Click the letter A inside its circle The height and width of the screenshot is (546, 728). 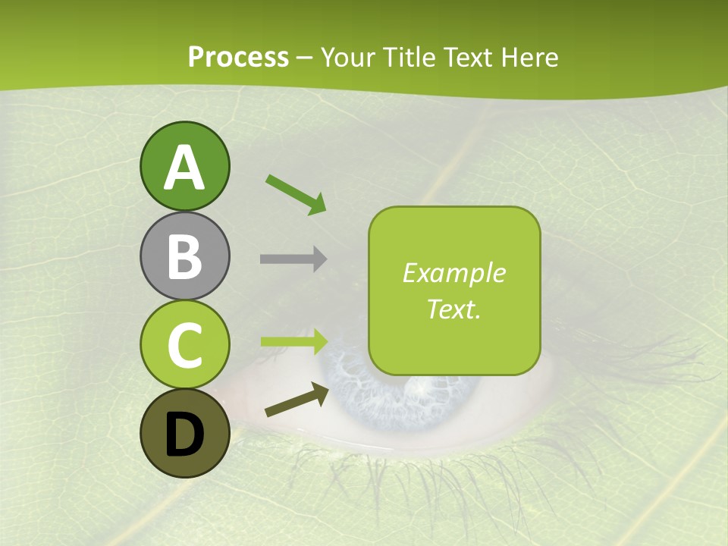pyautogui.click(x=185, y=168)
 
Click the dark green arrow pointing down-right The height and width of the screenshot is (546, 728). pyautogui.click(x=296, y=194)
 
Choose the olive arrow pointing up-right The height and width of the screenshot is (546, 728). pyautogui.click(x=297, y=400)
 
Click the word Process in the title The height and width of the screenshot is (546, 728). pyautogui.click(x=238, y=57)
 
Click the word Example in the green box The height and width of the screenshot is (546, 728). pyautogui.click(x=453, y=273)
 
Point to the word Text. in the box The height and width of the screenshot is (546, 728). pyautogui.click(x=453, y=309)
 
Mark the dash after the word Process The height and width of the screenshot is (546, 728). pyautogui.click(x=305, y=58)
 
